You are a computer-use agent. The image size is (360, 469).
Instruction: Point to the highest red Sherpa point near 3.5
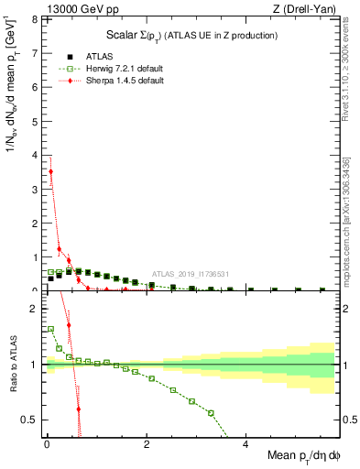50,171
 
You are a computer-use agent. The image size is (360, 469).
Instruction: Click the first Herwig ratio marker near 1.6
50,329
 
